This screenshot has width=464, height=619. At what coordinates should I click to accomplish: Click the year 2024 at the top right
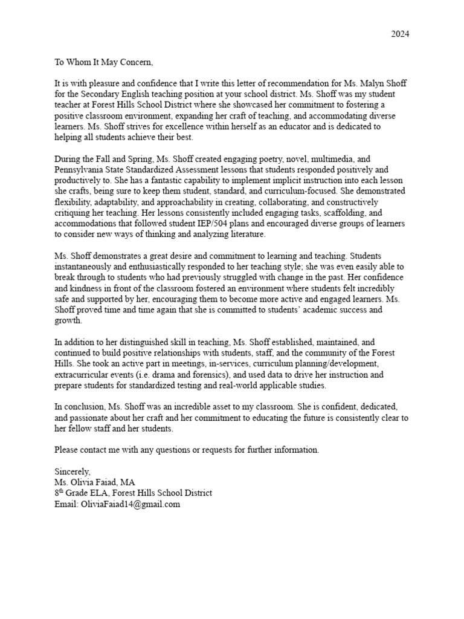click(x=399, y=34)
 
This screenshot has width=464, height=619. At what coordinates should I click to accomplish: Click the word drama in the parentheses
click(x=177, y=375)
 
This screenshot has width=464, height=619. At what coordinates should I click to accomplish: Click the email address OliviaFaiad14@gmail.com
click(x=130, y=504)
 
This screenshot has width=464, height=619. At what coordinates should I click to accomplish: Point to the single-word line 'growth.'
click(x=68, y=321)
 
